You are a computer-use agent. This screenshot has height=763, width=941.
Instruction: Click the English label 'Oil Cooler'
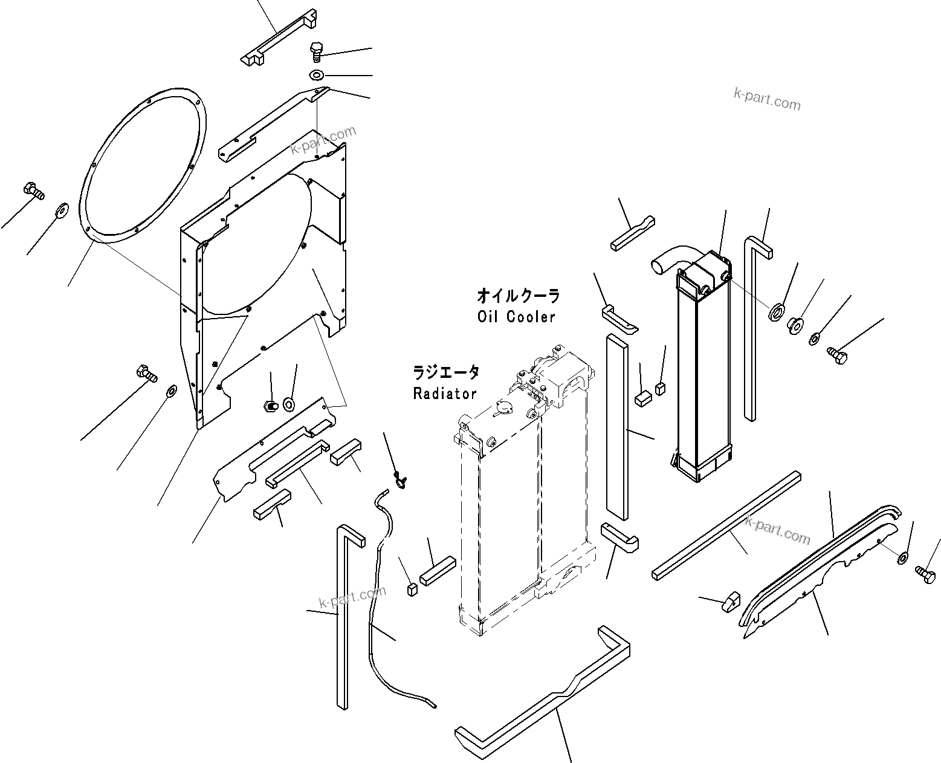516,317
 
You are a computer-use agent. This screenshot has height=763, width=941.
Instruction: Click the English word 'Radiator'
445,394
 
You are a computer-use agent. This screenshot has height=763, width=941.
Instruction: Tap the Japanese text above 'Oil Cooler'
518,296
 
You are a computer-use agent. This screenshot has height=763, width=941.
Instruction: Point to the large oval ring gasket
144,166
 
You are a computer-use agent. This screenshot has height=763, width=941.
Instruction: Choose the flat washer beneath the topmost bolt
316,75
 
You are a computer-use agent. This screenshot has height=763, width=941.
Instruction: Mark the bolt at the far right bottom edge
924,570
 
